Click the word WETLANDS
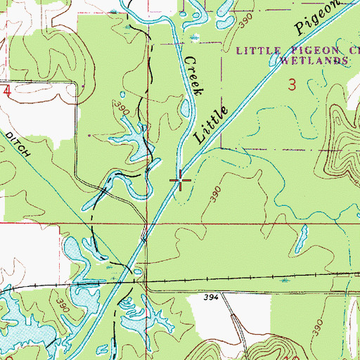[x=314, y=61]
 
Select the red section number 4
[x=6, y=91]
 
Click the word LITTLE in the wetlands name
[x=256, y=51]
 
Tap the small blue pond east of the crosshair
[x=302, y=240]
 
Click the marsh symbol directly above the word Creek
[x=194, y=37]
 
